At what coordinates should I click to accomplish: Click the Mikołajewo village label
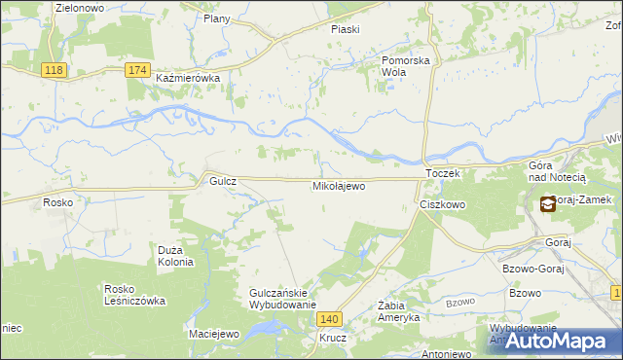[338, 185]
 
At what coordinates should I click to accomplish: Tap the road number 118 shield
[55, 70]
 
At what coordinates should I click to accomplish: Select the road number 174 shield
[138, 70]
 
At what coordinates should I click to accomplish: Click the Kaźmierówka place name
[189, 78]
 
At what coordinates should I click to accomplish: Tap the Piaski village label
[345, 29]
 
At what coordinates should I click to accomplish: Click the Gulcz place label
[217, 181]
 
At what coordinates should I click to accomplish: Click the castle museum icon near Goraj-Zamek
[548, 203]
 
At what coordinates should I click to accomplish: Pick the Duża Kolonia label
[176, 256]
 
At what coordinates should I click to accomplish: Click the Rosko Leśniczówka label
[135, 295]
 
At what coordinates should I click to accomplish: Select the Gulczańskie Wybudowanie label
[283, 299]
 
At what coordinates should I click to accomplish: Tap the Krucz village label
[333, 340]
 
